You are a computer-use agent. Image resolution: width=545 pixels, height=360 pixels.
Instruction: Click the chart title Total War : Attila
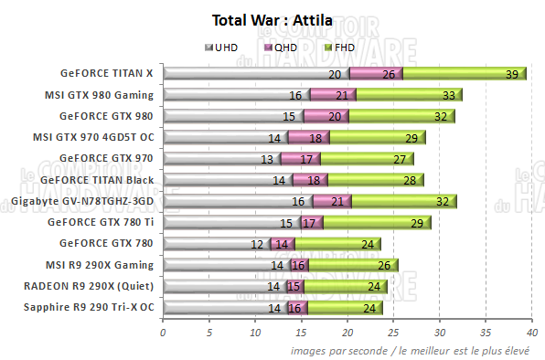pyautogui.click(x=272, y=20)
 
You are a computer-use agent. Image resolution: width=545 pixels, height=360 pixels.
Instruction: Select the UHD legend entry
pyautogui.click(x=224, y=48)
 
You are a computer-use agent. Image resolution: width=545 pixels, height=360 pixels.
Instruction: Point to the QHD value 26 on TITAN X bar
pyautogui.click(x=389, y=73)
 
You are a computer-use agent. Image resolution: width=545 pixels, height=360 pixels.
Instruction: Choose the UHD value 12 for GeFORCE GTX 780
pyautogui.click(x=257, y=244)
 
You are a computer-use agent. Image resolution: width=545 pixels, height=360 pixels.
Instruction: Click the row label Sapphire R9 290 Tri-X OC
pyautogui.click(x=89, y=308)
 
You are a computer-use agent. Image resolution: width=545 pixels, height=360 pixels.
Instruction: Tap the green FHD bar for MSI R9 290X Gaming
pyautogui.click(x=347, y=265)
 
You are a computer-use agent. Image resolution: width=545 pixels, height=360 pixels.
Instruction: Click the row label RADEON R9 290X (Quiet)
pyautogui.click(x=94, y=286)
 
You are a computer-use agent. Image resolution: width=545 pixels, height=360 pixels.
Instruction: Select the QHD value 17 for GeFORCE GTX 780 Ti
pyautogui.click(x=309, y=223)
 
